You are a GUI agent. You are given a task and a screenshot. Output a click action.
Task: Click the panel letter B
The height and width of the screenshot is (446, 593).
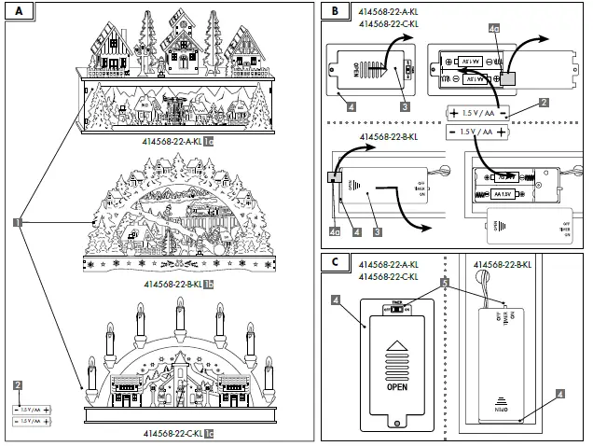click(x=336, y=11)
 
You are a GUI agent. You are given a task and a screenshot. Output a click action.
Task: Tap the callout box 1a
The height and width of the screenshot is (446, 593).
click(x=210, y=142)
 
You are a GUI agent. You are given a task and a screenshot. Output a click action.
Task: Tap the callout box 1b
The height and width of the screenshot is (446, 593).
click(x=210, y=284)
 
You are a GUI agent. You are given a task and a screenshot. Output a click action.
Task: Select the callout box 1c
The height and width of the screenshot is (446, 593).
click(x=210, y=434)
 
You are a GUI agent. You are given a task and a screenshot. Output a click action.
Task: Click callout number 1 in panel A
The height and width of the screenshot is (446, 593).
click(x=17, y=222)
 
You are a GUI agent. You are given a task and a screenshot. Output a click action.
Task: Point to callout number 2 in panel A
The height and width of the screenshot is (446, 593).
click(x=16, y=385)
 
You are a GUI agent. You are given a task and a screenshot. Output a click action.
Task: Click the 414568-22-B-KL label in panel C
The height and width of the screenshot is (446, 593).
click(x=503, y=264)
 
